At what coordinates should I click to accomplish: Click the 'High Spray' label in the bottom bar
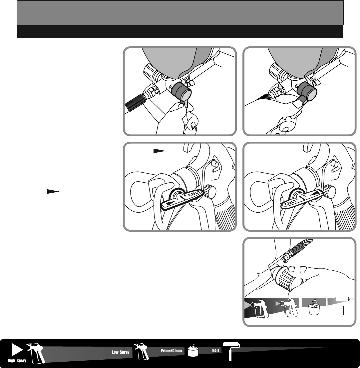[17, 360]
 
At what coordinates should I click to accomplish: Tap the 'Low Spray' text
[121, 352]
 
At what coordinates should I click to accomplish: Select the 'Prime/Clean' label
[172, 351]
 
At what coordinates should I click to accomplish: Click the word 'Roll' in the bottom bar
[215, 350]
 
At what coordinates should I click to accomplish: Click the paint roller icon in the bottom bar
[231, 351]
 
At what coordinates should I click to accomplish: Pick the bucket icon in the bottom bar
[193, 351]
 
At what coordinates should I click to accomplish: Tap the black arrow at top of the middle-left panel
[160, 151]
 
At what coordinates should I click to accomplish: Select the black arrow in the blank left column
[53, 192]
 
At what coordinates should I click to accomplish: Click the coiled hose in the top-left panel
[134, 103]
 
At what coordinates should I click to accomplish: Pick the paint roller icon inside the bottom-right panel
[344, 305]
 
